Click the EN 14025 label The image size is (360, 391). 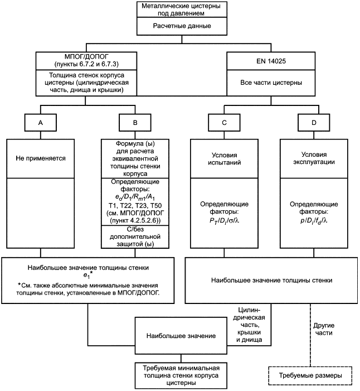(271, 61)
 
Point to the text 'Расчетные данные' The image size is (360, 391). (182, 26)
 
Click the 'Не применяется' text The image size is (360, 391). (41, 158)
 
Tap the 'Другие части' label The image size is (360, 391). (324, 329)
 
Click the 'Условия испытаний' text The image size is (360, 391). (224, 159)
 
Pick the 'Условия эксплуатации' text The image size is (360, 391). (314, 158)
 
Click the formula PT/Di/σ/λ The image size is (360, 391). (224, 221)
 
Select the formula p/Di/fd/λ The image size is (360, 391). (314, 221)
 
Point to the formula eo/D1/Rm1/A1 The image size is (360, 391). (135, 197)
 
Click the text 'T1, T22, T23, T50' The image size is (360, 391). (135, 206)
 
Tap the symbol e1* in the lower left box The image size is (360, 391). (88, 276)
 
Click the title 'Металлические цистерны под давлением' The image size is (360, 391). (181, 9)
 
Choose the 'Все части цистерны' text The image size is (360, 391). (271, 83)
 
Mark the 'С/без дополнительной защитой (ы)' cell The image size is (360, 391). (135, 236)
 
